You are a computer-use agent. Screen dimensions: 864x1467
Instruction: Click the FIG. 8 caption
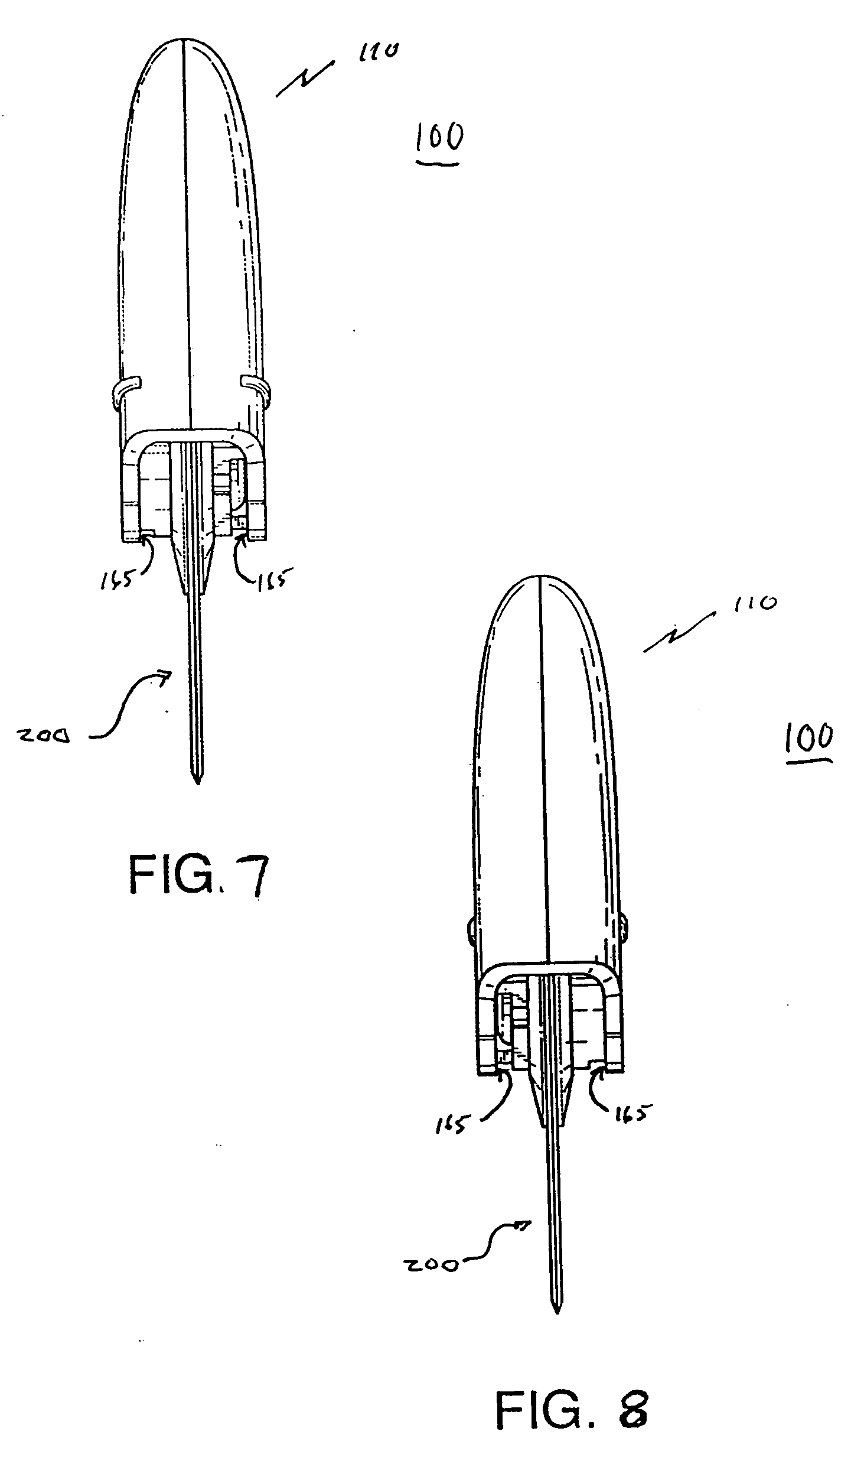tap(571, 1388)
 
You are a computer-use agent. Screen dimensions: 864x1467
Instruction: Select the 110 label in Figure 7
tap(376, 53)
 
